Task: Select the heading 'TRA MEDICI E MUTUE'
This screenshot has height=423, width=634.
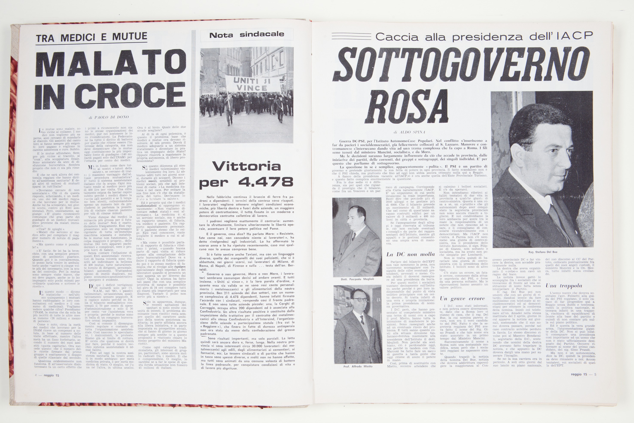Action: tap(92, 37)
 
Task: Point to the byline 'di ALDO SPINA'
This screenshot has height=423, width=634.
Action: tap(407, 132)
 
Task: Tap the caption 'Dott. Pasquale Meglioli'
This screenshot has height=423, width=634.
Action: tap(357, 279)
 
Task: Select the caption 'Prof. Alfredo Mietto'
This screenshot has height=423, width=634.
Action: tap(358, 366)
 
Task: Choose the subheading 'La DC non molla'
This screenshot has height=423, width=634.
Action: tap(410, 254)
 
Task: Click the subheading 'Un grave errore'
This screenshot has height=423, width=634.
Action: tap(462, 298)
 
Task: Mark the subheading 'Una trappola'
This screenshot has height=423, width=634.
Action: tap(564, 286)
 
